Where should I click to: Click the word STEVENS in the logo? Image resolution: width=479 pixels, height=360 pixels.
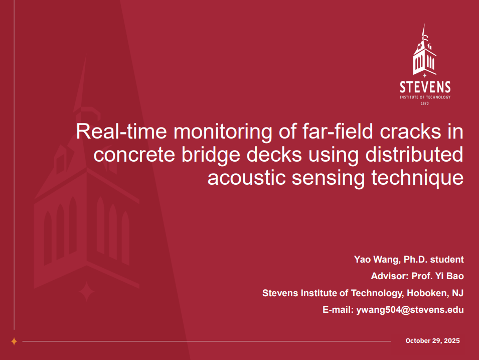point(425,87)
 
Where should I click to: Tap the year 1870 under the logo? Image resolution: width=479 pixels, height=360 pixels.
point(425,103)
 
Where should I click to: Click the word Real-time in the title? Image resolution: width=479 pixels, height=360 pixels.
point(121,131)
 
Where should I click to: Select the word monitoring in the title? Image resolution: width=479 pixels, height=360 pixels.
point(223,132)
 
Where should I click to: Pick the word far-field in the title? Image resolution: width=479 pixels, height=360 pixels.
point(338,131)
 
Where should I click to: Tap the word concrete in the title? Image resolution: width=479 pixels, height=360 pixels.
point(134,155)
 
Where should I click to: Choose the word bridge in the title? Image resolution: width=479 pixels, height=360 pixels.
point(211,155)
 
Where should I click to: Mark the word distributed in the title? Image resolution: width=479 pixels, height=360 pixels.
point(414,154)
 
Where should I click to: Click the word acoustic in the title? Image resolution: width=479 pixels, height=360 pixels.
point(247,178)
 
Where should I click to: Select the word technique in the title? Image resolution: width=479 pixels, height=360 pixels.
point(417,178)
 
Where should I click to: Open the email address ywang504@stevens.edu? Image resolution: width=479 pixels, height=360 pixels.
point(410,310)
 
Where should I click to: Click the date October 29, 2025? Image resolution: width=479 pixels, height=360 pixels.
point(432,341)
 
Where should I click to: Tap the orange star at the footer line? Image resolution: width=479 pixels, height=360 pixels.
point(14,341)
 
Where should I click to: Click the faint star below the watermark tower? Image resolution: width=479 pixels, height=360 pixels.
point(86,292)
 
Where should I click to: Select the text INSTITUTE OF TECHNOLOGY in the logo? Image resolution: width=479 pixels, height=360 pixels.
point(425,97)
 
